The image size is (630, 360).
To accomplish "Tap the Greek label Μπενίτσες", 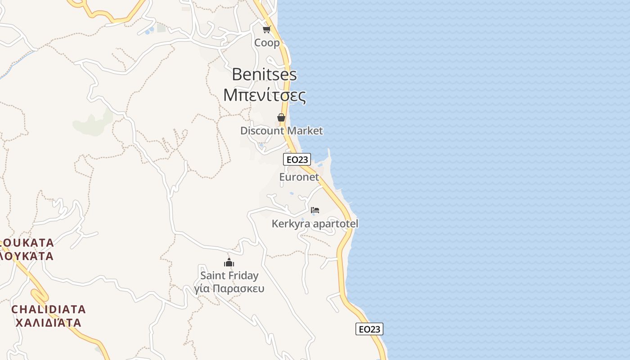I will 265,95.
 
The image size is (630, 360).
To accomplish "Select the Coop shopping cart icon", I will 267,30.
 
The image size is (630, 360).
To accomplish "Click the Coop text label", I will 267,43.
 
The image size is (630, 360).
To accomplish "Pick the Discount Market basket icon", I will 281,117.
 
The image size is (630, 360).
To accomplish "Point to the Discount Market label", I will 281,131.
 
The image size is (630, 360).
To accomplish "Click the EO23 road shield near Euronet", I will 297,159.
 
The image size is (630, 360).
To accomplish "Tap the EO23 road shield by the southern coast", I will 369,329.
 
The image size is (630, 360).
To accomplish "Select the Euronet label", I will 299,177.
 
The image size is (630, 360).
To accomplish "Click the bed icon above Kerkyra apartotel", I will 315,210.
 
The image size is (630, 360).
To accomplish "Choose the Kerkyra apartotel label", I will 315,224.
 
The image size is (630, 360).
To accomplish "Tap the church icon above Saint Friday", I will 229,262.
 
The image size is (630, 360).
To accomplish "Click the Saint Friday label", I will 229,275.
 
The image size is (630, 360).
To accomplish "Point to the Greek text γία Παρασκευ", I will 229,288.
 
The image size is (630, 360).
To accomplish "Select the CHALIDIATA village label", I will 49,309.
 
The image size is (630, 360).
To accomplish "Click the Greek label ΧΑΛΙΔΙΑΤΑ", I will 49,323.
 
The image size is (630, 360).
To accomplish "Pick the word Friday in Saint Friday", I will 243,275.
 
